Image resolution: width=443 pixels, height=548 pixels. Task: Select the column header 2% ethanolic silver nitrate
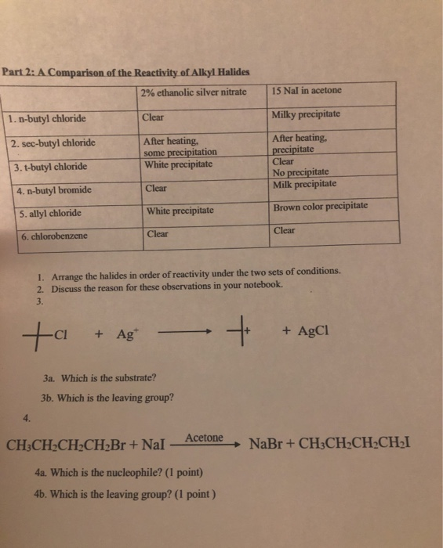click(x=193, y=92)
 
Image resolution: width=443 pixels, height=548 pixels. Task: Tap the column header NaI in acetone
click(x=307, y=91)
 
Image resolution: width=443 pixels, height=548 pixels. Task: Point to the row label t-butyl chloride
click(x=49, y=166)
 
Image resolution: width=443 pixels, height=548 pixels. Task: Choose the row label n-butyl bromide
click(x=53, y=189)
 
